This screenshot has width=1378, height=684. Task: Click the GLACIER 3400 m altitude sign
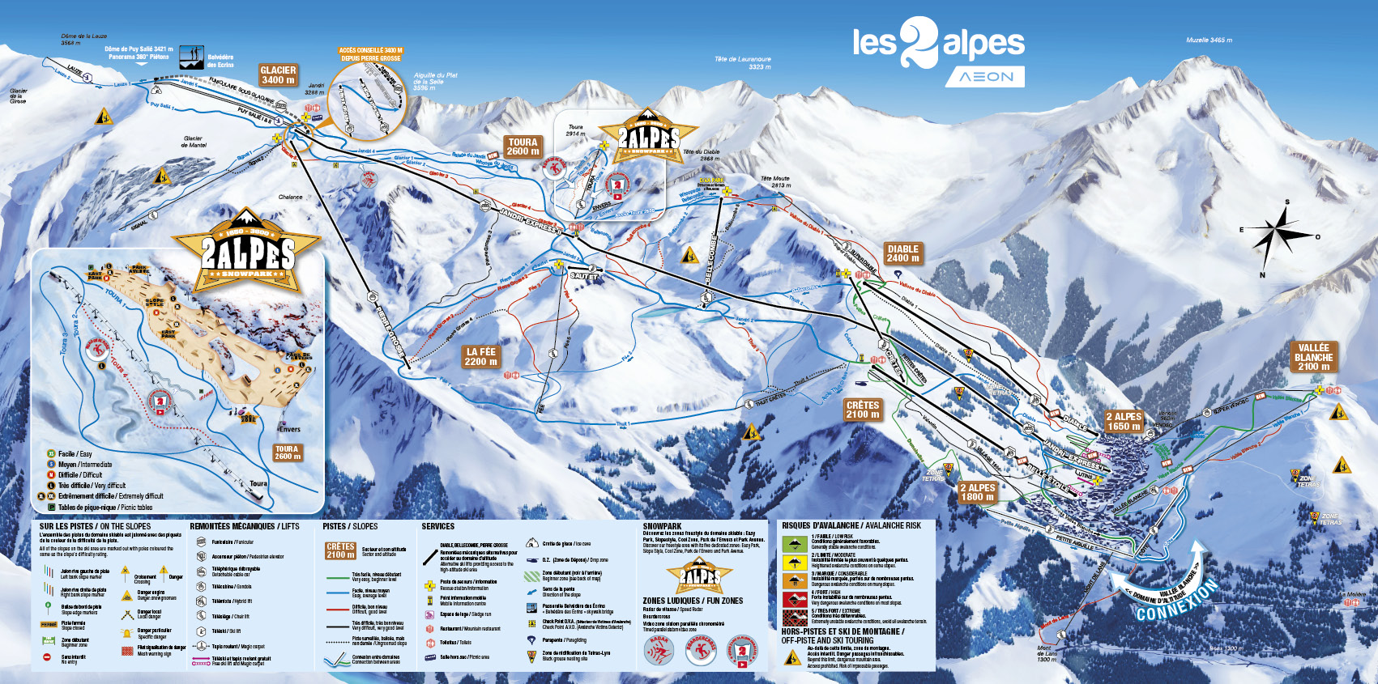(x=278, y=75)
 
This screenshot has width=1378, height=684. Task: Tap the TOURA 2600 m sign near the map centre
(x=523, y=147)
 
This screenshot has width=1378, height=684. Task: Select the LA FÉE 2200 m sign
(x=480, y=356)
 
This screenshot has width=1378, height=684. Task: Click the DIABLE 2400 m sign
(x=902, y=253)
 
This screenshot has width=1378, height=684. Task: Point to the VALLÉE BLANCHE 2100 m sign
(x=1313, y=357)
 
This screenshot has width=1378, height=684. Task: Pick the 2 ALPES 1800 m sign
(x=977, y=492)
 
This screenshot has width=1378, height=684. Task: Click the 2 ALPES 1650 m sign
(x=1124, y=422)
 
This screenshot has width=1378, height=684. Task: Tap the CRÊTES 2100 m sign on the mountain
(x=862, y=410)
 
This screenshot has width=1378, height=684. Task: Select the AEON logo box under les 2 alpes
(x=984, y=77)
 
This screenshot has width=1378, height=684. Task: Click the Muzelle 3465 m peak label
(x=1209, y=40)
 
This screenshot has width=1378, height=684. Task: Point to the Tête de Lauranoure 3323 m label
(x=743, y=62)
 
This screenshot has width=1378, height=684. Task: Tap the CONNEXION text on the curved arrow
(x=1176, y=601)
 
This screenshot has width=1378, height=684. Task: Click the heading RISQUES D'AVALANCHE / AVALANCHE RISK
(x=851, y=525)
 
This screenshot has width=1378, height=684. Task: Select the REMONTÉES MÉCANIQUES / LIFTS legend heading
(x=244, y=526)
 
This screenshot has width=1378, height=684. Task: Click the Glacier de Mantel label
(x=193, y=142)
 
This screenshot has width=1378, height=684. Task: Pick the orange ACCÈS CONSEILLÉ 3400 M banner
(x=370, y=54)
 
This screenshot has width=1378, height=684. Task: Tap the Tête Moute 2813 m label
(x=774, y=181)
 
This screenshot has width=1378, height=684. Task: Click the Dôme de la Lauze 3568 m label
(x=83, y=40)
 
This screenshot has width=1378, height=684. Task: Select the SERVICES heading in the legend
(x=437, y=526)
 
